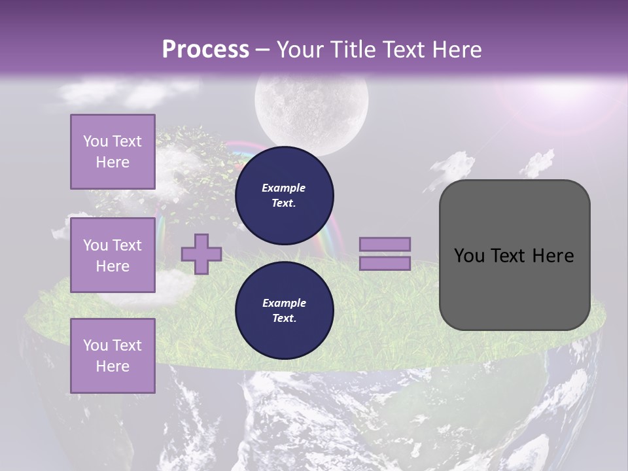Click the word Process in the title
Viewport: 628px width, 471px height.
(205, 49)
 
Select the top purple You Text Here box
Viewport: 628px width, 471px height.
(113, 152)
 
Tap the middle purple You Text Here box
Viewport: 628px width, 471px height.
(113, 255)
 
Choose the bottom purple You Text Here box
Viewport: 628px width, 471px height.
(113, 355)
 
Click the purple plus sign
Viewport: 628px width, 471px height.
(201, 254)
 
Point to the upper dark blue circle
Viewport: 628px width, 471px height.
(284, 195)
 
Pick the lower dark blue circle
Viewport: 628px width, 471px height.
(284, 310)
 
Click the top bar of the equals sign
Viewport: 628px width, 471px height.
(385, 244)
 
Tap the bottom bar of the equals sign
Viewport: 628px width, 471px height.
(385, 264)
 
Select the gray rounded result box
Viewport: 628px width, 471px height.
(514, 254)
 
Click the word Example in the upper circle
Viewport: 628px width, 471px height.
(283, 188)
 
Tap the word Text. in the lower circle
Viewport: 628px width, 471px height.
(283, 319)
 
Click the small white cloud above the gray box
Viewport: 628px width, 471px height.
(453, 164)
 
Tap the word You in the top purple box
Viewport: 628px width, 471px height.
(95, 141)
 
